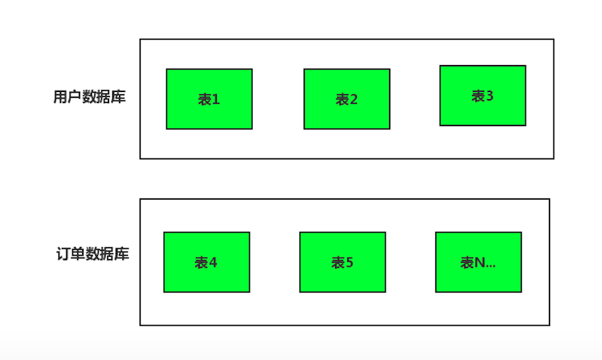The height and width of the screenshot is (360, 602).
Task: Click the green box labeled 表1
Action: (209, 99)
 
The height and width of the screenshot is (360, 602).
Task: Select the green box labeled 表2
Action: (346, 99)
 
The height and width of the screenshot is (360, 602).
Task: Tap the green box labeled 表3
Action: (482, 95)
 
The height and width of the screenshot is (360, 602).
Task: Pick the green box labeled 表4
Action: (206, 261)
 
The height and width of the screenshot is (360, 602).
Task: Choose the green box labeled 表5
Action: (342, 261)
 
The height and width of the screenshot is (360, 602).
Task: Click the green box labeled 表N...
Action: (478, 261)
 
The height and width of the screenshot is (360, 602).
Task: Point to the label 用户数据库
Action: (89, 97)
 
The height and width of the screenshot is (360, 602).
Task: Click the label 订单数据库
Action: (93, 254)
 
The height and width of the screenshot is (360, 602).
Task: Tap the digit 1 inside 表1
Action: (216, 100)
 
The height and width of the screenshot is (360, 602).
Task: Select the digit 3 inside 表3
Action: (490, 96)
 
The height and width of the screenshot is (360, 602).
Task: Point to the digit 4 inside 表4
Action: (214, 263)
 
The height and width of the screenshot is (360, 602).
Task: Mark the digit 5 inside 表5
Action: (350, 263)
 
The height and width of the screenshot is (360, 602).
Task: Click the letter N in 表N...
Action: (479, 263)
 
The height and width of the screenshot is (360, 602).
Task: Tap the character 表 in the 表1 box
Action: (204, 100)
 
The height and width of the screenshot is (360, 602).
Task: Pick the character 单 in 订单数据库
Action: (78, 254)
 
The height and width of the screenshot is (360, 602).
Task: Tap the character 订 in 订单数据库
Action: (64, 254)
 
